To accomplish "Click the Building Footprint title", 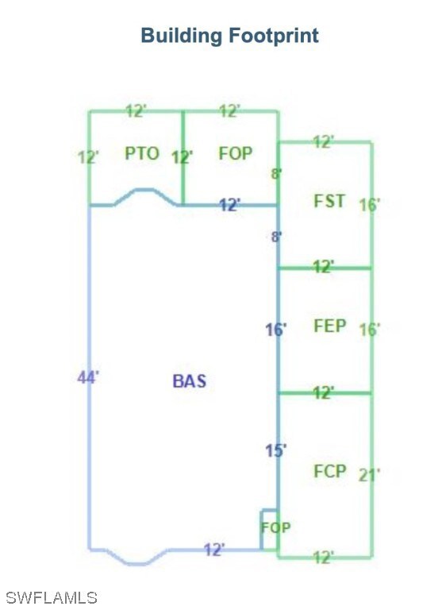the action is pos(230,36).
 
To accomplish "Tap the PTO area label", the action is pos(142,153).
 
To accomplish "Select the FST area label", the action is pos(329,201).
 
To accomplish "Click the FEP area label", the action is pos(329,326).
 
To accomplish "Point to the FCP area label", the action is pos(329,471).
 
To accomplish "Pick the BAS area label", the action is pos(190,381).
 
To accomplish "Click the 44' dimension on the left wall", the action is pos(88,377).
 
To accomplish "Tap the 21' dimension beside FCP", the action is pos(369,475).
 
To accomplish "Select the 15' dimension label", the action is pos(276,451).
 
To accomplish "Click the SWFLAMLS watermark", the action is pos(52,598).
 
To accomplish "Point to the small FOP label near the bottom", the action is pos(275,527).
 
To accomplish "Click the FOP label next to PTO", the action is pos(236,153).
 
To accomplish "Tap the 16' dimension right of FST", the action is pos(369,205).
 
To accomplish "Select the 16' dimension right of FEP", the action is pos(369,330).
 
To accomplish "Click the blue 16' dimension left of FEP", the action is pos(276,330).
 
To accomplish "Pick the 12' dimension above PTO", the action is pos(136,111).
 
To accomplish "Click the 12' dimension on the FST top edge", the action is pos(323,142).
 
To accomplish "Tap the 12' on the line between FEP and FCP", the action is pos(323,393).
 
